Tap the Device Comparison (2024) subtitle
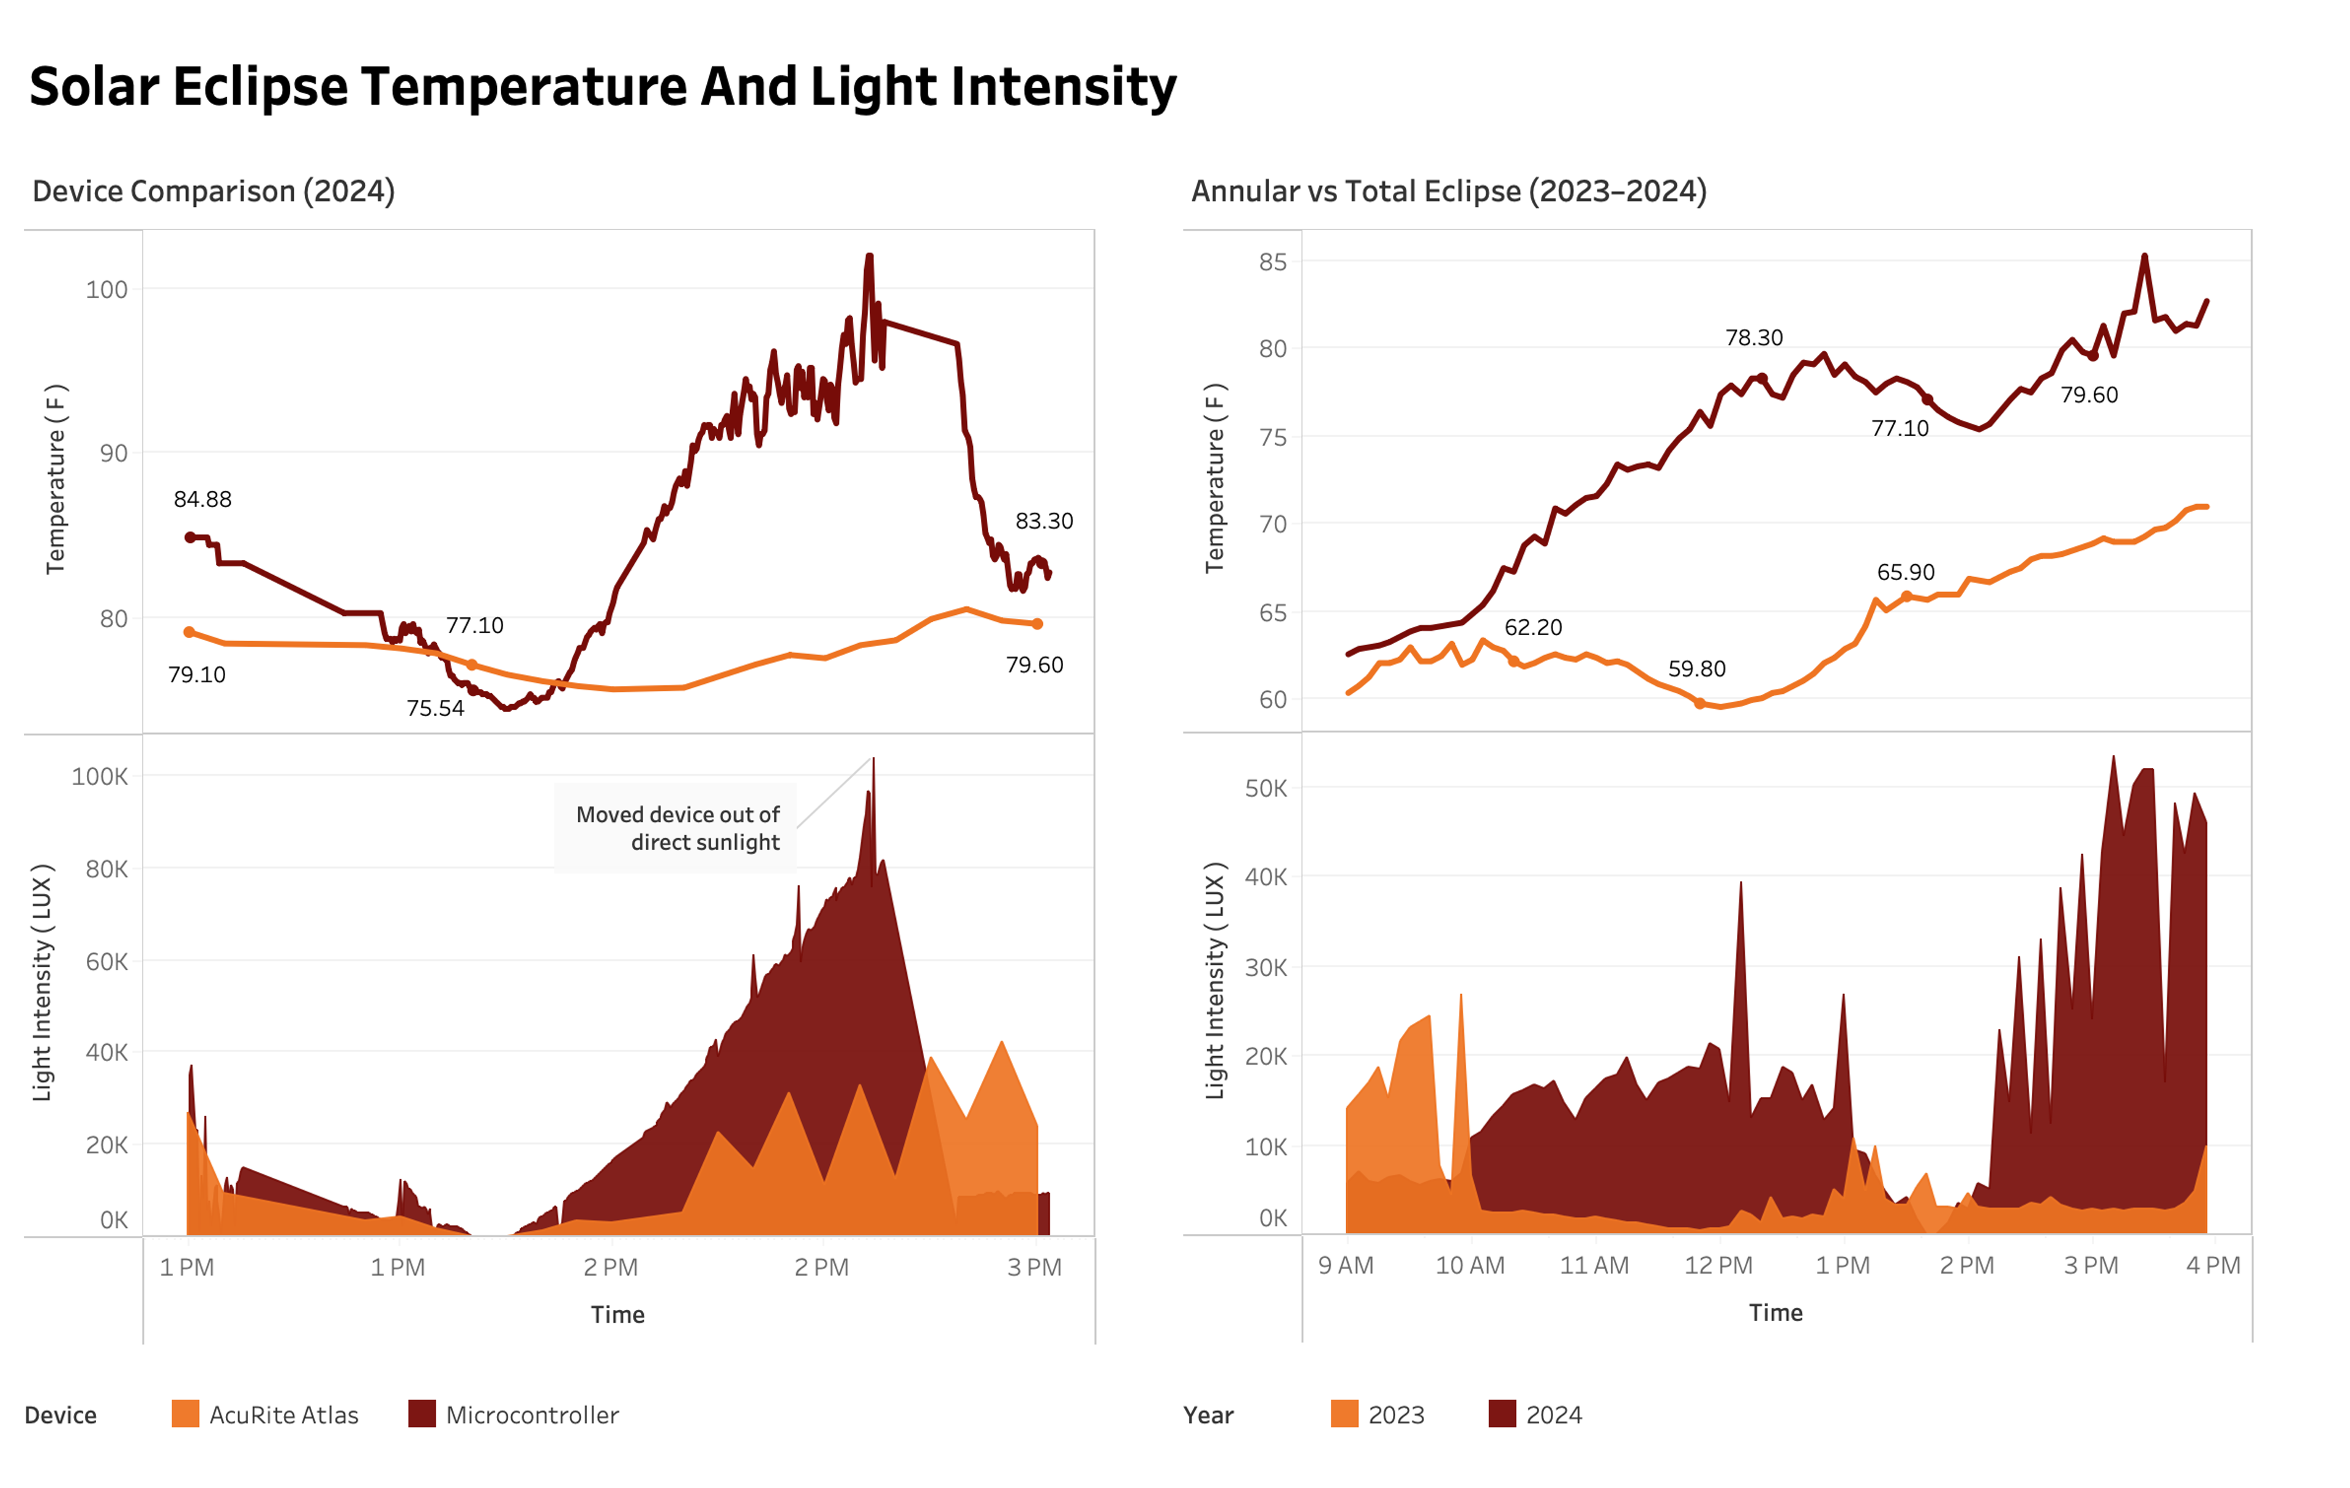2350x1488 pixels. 214,192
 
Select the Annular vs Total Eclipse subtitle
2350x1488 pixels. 1449,192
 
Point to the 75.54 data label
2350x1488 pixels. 435,709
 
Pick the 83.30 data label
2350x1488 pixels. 1043,521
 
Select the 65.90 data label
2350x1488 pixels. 1905,572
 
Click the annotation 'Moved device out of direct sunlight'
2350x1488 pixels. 677,828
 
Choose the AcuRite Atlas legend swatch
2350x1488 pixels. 185,1414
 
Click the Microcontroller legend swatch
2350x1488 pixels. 422,1414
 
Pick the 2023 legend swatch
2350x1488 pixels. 1344,1414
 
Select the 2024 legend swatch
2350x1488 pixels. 1502,1414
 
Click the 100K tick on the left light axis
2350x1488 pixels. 100,776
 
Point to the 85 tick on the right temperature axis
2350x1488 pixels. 1272,262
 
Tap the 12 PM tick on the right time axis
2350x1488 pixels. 1718,1265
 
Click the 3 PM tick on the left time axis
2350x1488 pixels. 1034,1268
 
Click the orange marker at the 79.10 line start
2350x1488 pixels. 189,632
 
